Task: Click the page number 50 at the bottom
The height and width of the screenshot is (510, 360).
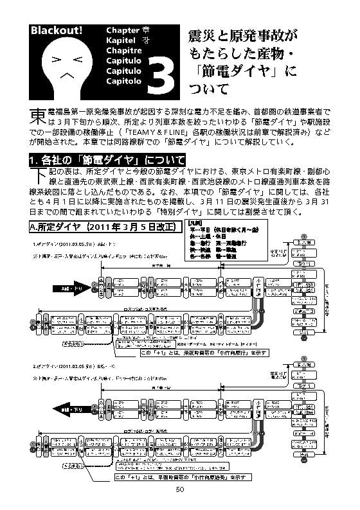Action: coord(180,489)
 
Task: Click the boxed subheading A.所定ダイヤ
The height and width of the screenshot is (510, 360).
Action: coord(102,227)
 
